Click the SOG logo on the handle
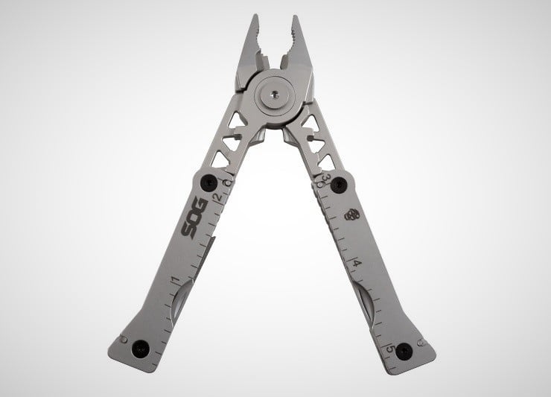coord(194,219)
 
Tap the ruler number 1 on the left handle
coord(175,280)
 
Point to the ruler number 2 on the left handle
coord(218,197)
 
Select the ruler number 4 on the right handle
coord(357,263)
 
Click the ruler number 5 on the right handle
coord(390,349)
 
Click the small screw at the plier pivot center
coord(275,94)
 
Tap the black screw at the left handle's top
coord(208,182)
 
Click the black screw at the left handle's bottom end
coord(141,349)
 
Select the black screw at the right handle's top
coord(339,184)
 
